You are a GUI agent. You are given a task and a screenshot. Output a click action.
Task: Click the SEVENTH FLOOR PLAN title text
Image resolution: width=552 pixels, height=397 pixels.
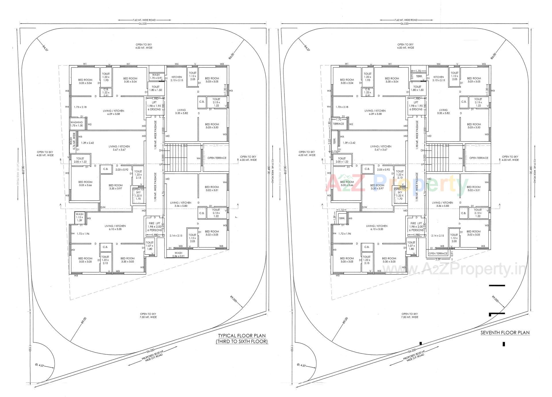(x=505, y=333)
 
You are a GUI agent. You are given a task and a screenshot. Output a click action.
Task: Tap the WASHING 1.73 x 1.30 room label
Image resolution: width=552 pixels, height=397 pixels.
(x=76, y=124)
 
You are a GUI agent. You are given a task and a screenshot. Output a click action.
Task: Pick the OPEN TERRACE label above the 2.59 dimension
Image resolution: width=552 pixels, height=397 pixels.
(x=438, y=253)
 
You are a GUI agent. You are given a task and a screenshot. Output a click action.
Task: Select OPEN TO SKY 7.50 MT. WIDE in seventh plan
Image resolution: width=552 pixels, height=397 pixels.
(x=409, y=315)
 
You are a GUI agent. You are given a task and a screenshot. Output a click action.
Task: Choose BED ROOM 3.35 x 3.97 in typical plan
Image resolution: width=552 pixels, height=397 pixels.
(x=116, y=187)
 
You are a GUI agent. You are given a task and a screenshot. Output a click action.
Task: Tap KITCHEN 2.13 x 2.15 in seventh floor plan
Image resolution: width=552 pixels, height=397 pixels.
(x=438, y=78)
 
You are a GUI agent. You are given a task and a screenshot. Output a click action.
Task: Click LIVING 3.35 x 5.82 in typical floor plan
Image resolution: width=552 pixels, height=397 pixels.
(x=181, y=112)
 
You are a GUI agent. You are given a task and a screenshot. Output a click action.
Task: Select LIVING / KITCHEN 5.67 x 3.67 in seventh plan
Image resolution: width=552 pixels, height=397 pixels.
(x=379, y=148)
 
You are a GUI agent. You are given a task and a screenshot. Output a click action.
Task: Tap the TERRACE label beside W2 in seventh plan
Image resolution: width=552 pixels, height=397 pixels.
(x=338, y=124)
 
